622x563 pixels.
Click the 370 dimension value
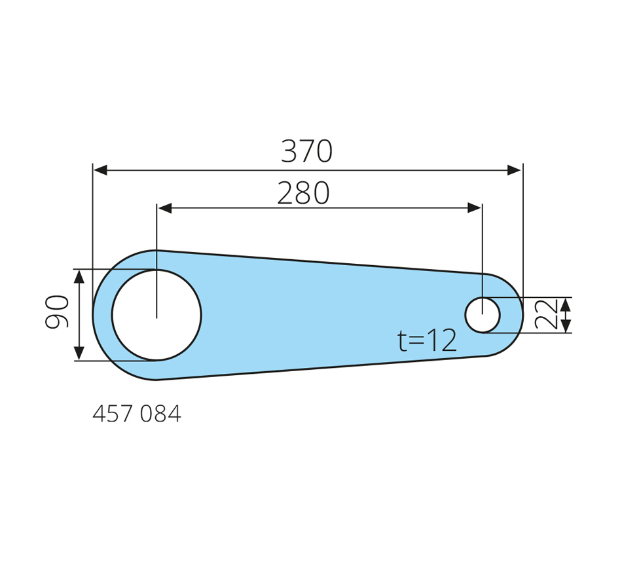click(x=306, y=151)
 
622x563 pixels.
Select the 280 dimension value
click(x=303, y=193)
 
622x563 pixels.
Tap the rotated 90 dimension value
click(x=57, y=312)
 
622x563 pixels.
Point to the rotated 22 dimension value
click(x=546, y=315)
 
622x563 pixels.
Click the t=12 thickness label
click(x=428, y=340)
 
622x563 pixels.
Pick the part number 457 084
click(x=137, y=414)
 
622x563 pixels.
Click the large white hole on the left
click(x=156, y=315)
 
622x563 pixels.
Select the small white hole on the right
click(x=483, y=315)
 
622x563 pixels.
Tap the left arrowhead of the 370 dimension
click(x=100, y=170)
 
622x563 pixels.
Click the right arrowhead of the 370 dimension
click(x=515, y=170)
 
